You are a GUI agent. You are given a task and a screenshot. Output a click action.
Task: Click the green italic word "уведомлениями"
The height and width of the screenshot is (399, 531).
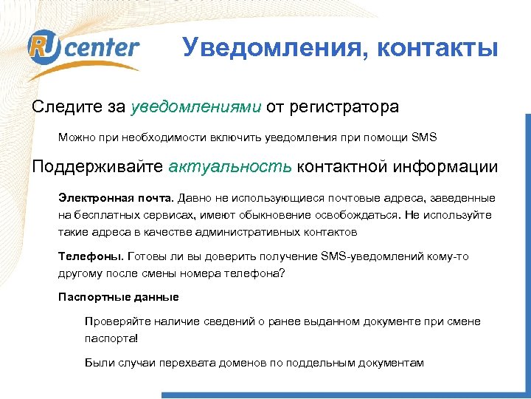tap(196, 106)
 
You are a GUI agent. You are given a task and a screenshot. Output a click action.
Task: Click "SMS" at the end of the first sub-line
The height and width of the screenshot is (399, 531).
tap(424, 137)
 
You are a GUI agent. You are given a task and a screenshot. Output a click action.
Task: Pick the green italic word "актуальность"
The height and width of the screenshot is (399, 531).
tap(230, 166)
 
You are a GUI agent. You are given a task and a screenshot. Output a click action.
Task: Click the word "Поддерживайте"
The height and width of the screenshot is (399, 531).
tap(97, 166)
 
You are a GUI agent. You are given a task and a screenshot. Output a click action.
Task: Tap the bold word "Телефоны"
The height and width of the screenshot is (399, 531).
tap(91, 256)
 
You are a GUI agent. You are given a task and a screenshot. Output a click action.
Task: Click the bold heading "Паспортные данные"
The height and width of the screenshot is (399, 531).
tap(118, 297)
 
